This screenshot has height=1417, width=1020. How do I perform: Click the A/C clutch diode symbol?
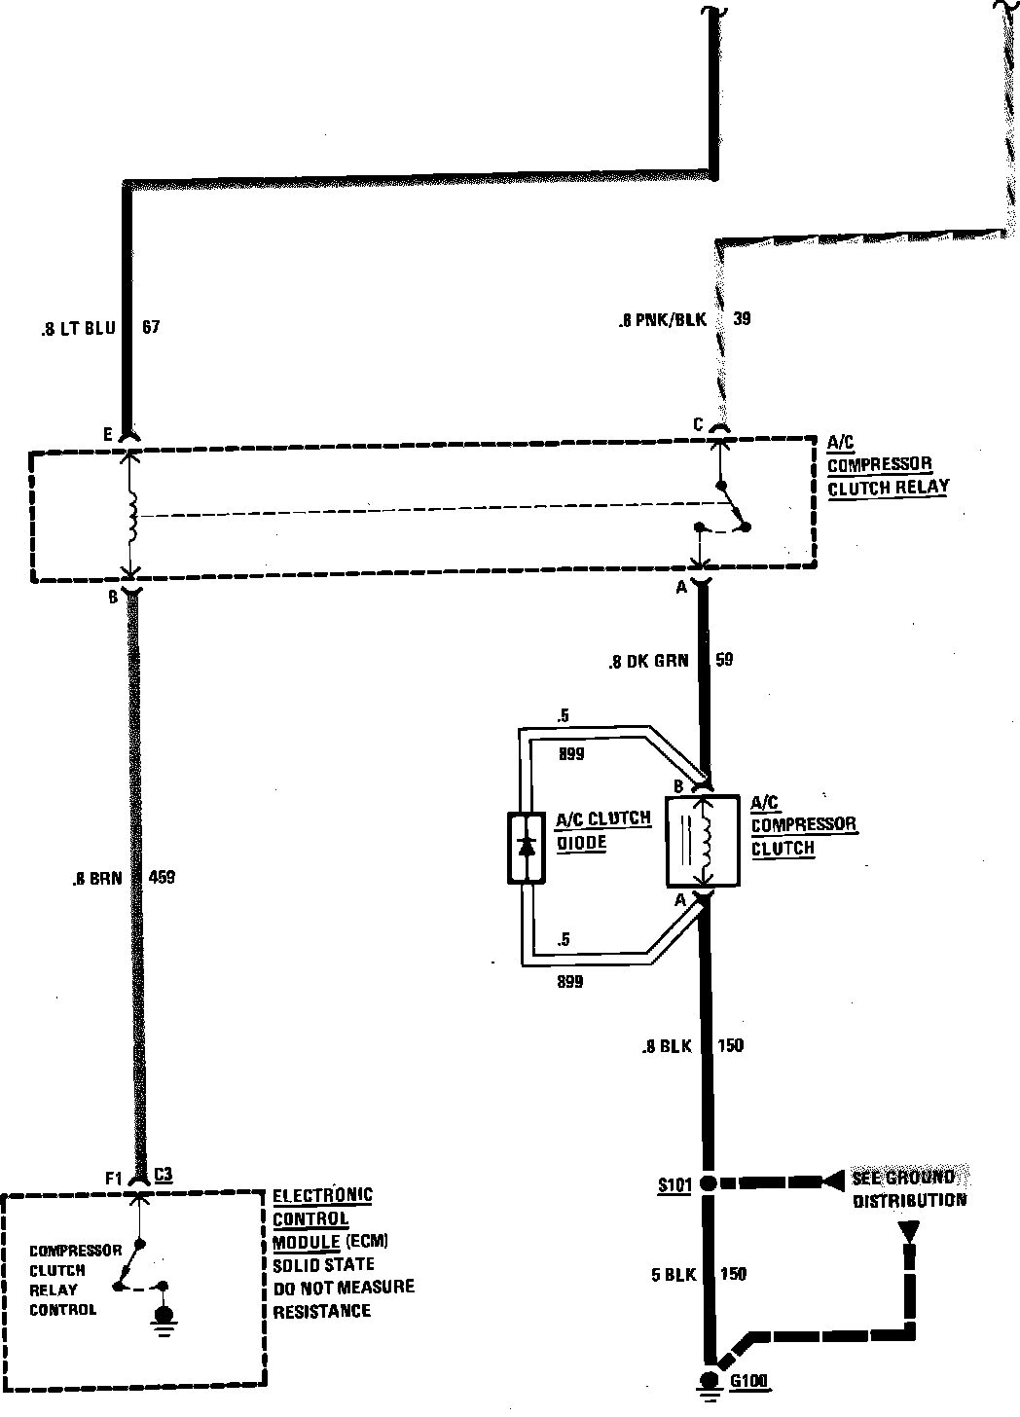pos(527,847)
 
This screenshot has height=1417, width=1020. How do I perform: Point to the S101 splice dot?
pos(710,1183)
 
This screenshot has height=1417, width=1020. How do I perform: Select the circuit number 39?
pos(743,318)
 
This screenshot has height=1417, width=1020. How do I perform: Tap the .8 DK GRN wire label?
pos(648,662)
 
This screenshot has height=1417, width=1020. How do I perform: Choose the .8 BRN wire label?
pos(97,878)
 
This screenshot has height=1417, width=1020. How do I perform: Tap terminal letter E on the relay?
pos(109,434)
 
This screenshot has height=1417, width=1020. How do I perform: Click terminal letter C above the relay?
pos(698,424)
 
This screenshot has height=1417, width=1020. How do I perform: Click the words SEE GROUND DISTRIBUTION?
pos(909,1188)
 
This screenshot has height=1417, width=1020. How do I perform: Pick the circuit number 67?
pos(151,328)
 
